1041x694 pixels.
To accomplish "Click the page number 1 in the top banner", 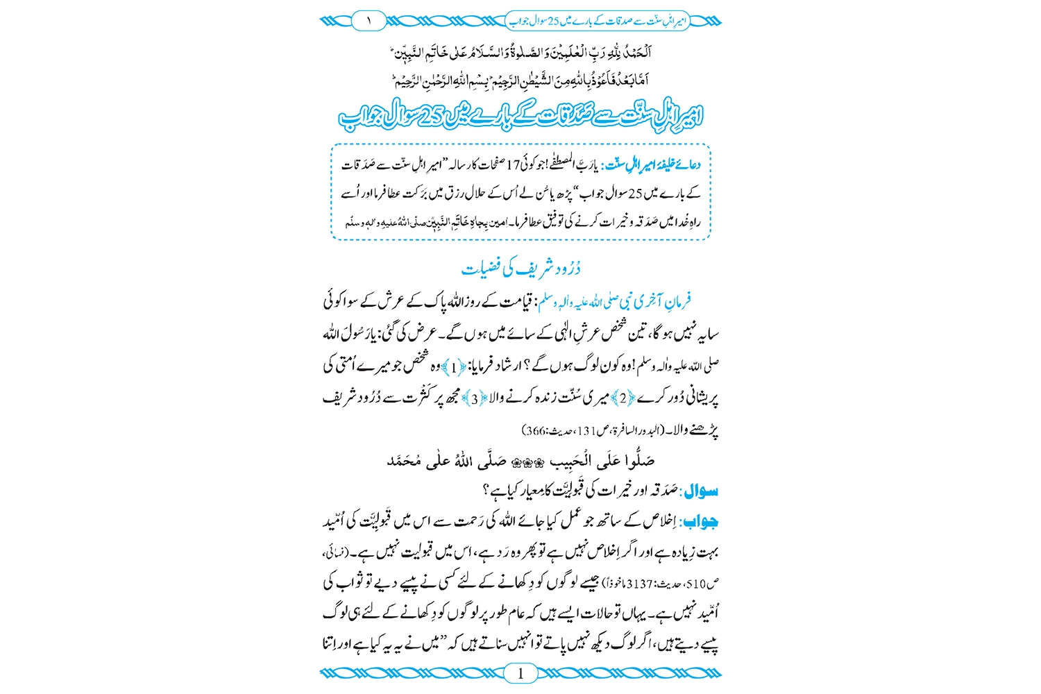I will click(369, 21).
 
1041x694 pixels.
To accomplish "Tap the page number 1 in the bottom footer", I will click(520, 672).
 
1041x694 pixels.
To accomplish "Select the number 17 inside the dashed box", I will click(513, 165).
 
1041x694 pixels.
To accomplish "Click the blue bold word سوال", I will click(700, 491).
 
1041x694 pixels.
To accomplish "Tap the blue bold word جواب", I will click(702, 522).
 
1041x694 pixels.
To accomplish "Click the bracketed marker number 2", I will click(623, 398).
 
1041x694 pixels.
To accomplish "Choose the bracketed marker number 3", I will click(475, 398).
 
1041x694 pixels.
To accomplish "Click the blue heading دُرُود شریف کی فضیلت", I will click(520, 268).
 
